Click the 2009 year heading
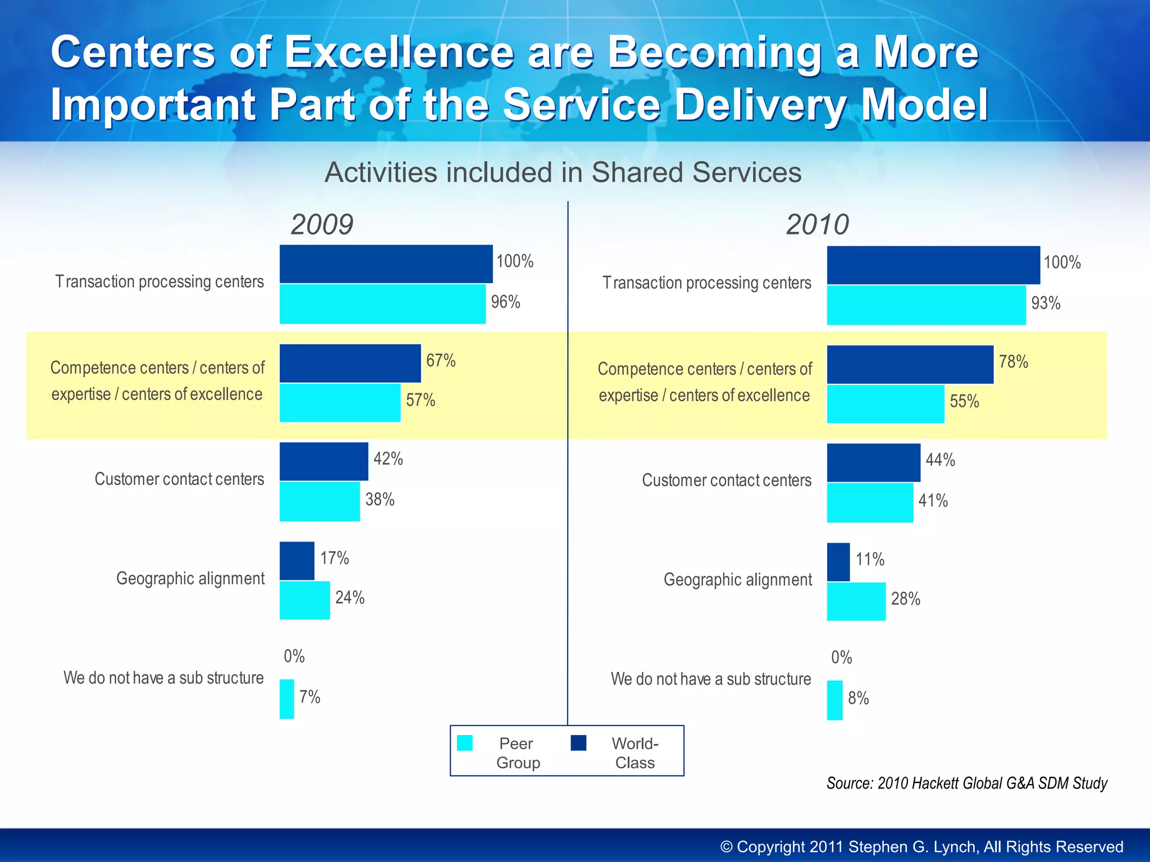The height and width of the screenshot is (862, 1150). (322, 224)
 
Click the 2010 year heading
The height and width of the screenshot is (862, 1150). (817, 224)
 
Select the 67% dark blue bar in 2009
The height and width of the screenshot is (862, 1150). (350, 363)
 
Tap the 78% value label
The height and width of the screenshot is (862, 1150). (1014, 362)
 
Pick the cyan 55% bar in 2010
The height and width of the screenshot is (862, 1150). (886, 404)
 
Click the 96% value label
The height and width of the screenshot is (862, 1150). (505, 302)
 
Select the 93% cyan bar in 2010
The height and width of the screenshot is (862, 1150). (926, 305)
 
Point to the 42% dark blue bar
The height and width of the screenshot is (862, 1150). (324, 461)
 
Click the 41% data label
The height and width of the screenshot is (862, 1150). (933, 501)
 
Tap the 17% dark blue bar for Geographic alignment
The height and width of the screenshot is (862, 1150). (297, 561)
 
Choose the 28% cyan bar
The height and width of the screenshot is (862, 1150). (856, 602)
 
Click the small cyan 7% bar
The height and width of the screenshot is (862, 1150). (287, 699)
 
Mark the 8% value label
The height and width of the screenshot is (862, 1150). (858, 699)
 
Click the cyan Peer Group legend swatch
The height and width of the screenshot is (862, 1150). (465, 743)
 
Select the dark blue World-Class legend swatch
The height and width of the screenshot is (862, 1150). (578, 743)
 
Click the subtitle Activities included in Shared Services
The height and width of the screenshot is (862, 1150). (563, 172)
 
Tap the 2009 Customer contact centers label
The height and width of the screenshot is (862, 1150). (179, 479)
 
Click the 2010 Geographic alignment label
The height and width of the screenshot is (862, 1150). (737, 580)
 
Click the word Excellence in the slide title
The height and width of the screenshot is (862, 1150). (399, 52)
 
